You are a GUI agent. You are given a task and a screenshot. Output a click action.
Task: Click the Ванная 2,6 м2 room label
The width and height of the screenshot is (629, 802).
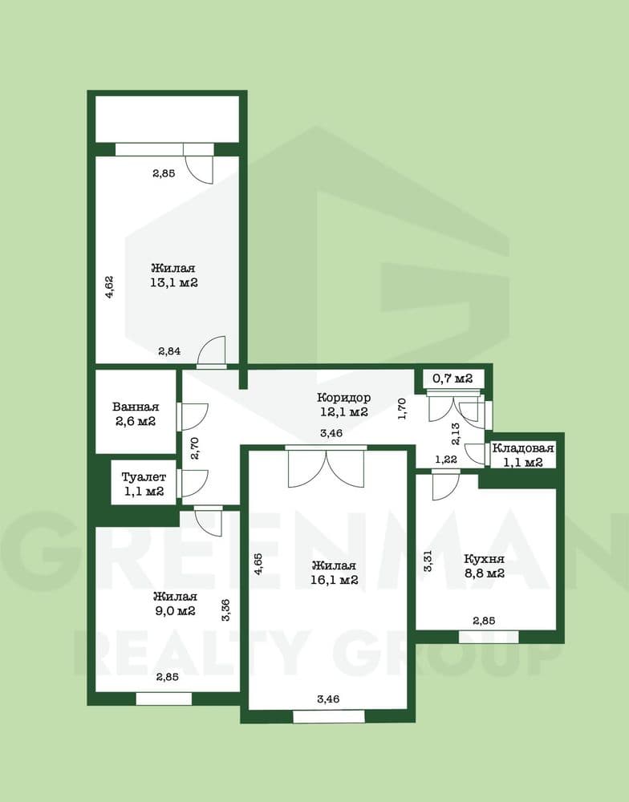(x=136, y=415)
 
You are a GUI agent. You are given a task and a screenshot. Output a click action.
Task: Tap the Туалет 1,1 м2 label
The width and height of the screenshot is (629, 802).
(x=144, y=484)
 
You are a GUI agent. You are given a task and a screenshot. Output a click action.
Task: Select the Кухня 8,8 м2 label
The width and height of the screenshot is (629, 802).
(x=484, y=565)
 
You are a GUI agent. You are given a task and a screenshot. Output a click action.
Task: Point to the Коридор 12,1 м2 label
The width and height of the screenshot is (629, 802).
(x=343, y=404)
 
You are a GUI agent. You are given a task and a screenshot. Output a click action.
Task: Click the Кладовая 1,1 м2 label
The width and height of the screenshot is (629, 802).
(x=523, y=456)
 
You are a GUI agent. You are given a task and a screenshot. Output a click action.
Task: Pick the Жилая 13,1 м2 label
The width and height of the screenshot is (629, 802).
(x=174, y=275)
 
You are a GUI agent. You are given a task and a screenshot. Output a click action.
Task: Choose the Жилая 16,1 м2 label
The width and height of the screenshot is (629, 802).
(x=335, y=573)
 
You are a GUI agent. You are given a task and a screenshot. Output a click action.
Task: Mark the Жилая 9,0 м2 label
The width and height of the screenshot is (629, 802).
(x=175, y=604)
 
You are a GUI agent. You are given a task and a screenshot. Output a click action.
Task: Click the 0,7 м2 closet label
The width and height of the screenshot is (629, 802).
(x=452, y=379)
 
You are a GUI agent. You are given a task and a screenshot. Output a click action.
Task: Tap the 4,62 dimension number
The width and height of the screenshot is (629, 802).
(x=109, y=287)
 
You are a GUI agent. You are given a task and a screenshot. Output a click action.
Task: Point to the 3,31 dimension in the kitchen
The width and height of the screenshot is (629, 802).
(x=428, y=561)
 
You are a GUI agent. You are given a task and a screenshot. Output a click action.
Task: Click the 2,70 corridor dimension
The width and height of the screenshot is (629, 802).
(x=193, y=448)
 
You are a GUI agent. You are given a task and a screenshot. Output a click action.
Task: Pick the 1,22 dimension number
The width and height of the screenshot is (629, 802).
(x=446, y=460)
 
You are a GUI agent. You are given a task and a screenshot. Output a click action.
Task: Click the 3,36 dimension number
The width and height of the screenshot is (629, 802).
(x=225, y=610)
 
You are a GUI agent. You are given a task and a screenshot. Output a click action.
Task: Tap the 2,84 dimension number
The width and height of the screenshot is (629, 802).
(x=169, y=351)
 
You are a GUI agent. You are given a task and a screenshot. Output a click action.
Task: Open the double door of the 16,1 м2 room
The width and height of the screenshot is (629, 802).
(x=326, y=467)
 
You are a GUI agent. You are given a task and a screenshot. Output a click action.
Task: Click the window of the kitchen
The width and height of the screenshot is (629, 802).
(x=489, y=637)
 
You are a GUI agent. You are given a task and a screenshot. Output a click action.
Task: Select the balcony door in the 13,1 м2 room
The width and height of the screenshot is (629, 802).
(x=199, y=163)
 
